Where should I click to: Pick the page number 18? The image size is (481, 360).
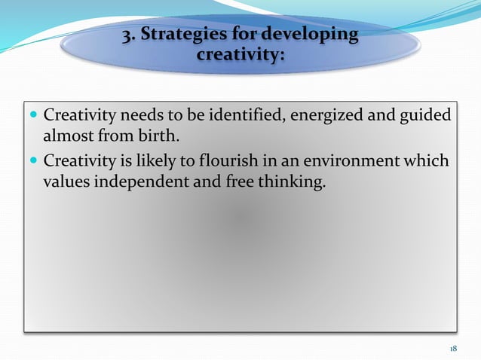pyautogui.click(x=452, y=349)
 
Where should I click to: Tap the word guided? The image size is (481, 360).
pyautogui.click(x=426, y=118)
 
